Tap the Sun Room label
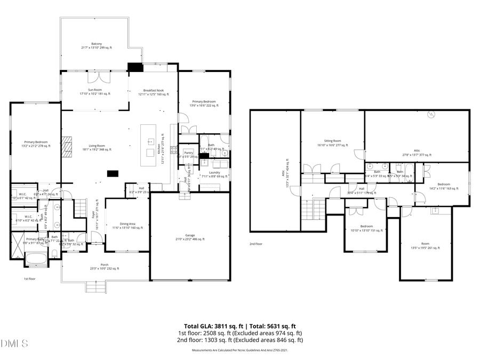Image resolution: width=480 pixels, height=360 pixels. (95, 92)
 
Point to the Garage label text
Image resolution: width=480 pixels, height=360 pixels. (190, 237)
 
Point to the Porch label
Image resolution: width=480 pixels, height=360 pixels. (105, 267)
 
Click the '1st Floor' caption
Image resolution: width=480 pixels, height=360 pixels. (29, 279)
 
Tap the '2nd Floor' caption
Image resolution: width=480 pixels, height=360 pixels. (257, 244)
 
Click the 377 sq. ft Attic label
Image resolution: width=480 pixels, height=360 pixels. (417, 153)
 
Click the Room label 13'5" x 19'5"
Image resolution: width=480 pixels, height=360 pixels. (425, 246)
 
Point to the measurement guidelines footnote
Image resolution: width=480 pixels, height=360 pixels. (239, 350)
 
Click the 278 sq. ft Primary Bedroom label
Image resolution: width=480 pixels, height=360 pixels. (35, 143)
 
